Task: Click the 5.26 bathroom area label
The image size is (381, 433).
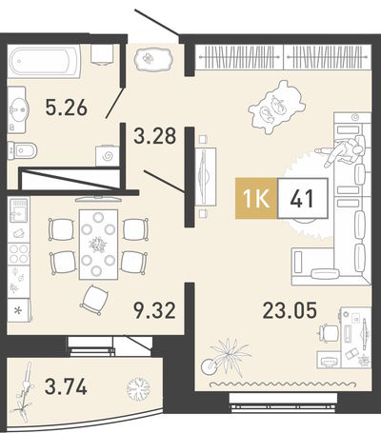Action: pos(66,108)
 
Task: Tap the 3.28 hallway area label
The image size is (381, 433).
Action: pos(154,135)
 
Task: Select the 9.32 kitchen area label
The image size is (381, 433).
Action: pos(154,310)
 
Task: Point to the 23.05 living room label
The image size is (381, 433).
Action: pos(290,310)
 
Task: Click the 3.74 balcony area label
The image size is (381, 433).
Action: pos(66,387)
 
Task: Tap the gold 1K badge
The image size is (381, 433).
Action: pos(256,199)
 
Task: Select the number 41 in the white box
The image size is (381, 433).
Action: pos(302,199)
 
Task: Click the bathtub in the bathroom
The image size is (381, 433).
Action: pos(44,62)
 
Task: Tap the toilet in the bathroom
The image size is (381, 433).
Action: pos(22,150)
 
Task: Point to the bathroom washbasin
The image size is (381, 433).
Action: pos(18,110)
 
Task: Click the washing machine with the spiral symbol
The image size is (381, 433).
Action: pos(108,155)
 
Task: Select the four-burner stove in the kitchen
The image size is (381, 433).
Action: pos(18,254)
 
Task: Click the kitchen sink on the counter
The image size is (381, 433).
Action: pos(18,209)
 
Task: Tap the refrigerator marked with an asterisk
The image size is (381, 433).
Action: pos(19,310)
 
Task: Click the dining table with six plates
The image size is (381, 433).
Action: pos(98,245)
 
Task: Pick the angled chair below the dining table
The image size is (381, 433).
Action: pos(94,300)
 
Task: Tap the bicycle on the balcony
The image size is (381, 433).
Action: pos(25,392)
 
